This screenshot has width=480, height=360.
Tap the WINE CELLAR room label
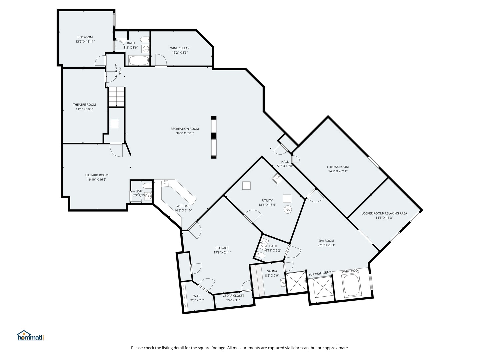pyautogui.click(x=180, y=48)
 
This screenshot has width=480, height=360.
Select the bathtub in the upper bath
pyautogui.click(x=139, y=61)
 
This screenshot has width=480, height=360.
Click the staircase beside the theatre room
pyautogui.click(x=117, y=97)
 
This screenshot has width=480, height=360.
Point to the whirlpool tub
pyautogui.click(x=351, y=286)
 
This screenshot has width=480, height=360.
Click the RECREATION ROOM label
pyautogui.click(x=185, y=129)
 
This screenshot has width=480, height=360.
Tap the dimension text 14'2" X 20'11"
pyautogui.click(x=338, y=171)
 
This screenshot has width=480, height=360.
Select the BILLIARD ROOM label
pyautogui.click(x=97, y=175)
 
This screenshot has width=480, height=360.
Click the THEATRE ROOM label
pyautogui.click(x=84, y=105)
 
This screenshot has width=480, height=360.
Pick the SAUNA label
pyautogui.click(x=272, y=271)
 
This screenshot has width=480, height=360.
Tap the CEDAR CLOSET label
pyautogui.click(x=233, y=296)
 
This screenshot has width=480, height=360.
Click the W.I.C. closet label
pyautogui.click(x=197, y=296)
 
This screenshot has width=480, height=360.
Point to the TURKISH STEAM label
pyautogui.click(x=320, y=273)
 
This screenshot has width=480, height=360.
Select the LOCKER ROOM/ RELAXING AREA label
pyautogui.click(x=384, y=213)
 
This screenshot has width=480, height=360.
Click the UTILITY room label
pyautogui.click(x=267, y=200)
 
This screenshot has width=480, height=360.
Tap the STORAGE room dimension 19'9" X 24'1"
pyautogui.click(x=222, y=252)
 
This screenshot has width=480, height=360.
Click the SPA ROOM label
pyautogui.click(x=326, y=241)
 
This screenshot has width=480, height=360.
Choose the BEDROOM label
pyautogui.click(x=85, y=37)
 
